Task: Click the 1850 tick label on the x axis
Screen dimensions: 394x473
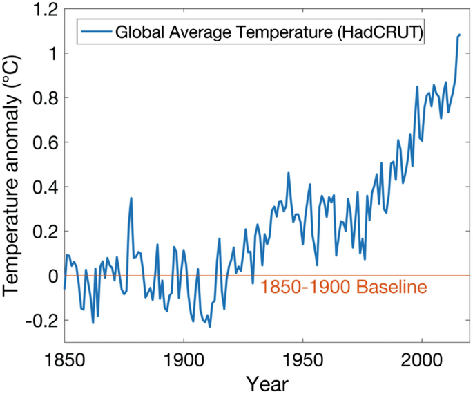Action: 64,361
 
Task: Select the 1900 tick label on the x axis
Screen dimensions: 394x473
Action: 183,361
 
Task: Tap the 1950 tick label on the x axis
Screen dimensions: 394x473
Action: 302,361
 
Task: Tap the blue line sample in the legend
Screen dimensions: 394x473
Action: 95,32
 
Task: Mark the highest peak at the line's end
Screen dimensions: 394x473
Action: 460,34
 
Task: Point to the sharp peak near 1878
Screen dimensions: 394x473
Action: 131,198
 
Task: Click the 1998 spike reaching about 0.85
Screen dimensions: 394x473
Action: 417,86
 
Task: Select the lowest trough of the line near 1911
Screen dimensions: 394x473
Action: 209,326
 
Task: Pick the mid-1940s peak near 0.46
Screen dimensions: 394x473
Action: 289,173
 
